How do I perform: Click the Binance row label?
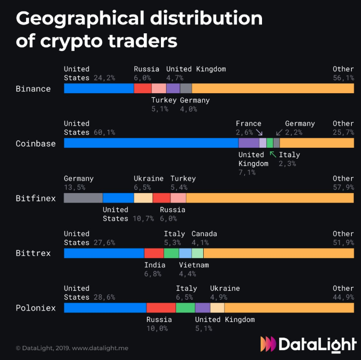point(33,89)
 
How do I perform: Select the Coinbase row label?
point(35,144)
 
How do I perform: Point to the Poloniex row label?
point(35,308)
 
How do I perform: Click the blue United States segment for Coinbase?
point(151,143)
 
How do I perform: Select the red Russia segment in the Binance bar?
point(143,88)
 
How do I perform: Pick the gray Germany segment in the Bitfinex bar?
point(83,198)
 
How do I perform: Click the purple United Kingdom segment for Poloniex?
point(203,308)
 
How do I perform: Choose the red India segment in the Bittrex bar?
point(154,253)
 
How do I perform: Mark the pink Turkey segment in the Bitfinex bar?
point(178,198)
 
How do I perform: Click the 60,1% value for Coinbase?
point(104,133)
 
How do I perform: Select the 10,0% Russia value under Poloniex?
point(157,328)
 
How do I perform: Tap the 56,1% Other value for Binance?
point(343,78)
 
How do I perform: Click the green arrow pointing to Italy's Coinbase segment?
point(272,154)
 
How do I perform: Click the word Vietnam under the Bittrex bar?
point(194,265)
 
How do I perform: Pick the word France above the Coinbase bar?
point(248,124)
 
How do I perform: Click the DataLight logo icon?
point(268,344)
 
